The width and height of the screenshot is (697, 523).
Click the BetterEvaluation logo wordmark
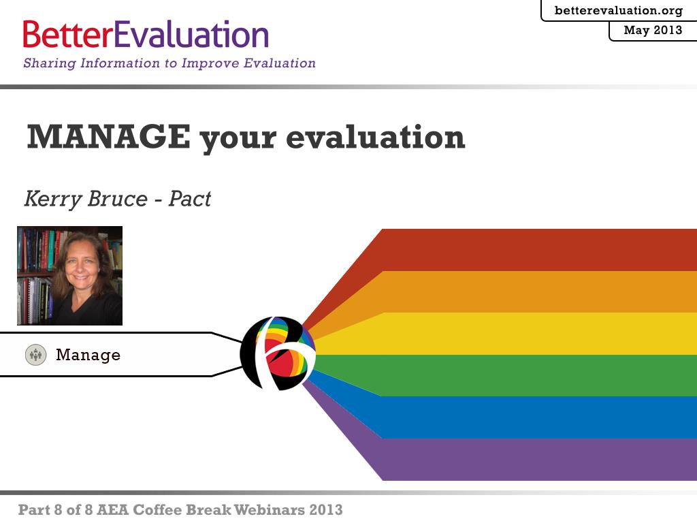point(146,34)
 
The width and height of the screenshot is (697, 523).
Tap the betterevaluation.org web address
point(619,10)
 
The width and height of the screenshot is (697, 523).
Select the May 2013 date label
point(653,30)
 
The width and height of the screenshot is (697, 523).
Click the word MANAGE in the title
point(108,136)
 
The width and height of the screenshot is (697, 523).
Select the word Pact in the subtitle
point(190,198)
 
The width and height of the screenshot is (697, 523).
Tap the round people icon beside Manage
point(35,355)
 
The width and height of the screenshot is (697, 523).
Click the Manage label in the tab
point(88,355)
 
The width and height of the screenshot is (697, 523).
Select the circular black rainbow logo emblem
point(278,353)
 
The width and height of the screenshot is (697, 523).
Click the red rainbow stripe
point(534,250)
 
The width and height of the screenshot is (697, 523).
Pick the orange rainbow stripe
point(534,291)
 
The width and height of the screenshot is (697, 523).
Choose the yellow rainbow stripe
point(534,334)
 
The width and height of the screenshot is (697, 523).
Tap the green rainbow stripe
point(534,375)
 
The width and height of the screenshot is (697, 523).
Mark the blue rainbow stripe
point(534,417)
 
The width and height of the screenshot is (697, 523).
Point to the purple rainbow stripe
point(534,460)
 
